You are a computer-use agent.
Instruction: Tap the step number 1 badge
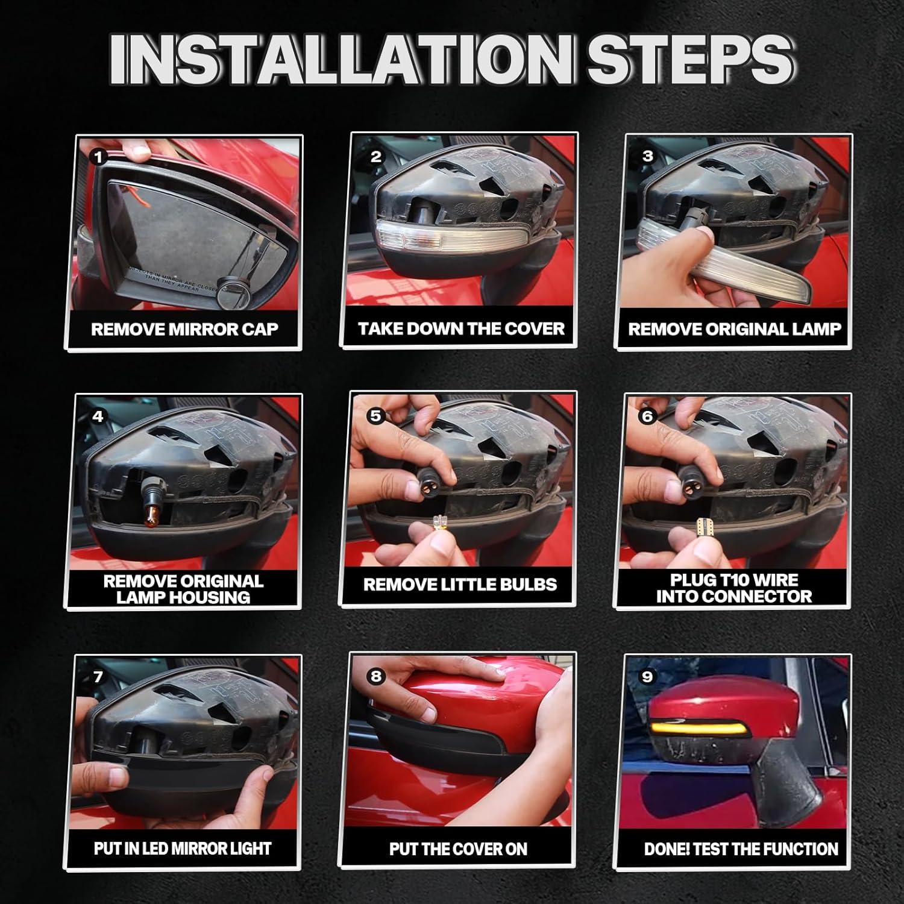(98, 157)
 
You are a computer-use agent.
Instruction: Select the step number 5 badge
(375, 416)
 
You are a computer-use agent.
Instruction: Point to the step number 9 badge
(647, 676)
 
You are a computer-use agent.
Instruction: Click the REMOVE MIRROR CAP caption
(184, 329)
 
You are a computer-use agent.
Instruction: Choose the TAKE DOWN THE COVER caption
(461, 328)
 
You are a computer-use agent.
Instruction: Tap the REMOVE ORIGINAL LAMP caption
(734, 329)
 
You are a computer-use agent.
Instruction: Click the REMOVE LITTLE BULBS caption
(460, 585)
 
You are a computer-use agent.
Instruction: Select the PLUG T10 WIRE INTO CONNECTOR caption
(734, 588)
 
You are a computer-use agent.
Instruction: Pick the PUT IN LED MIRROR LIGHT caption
(183, 849)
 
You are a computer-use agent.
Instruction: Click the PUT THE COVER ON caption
(458, 849)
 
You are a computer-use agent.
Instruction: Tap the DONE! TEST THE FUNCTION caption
(741, 849)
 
